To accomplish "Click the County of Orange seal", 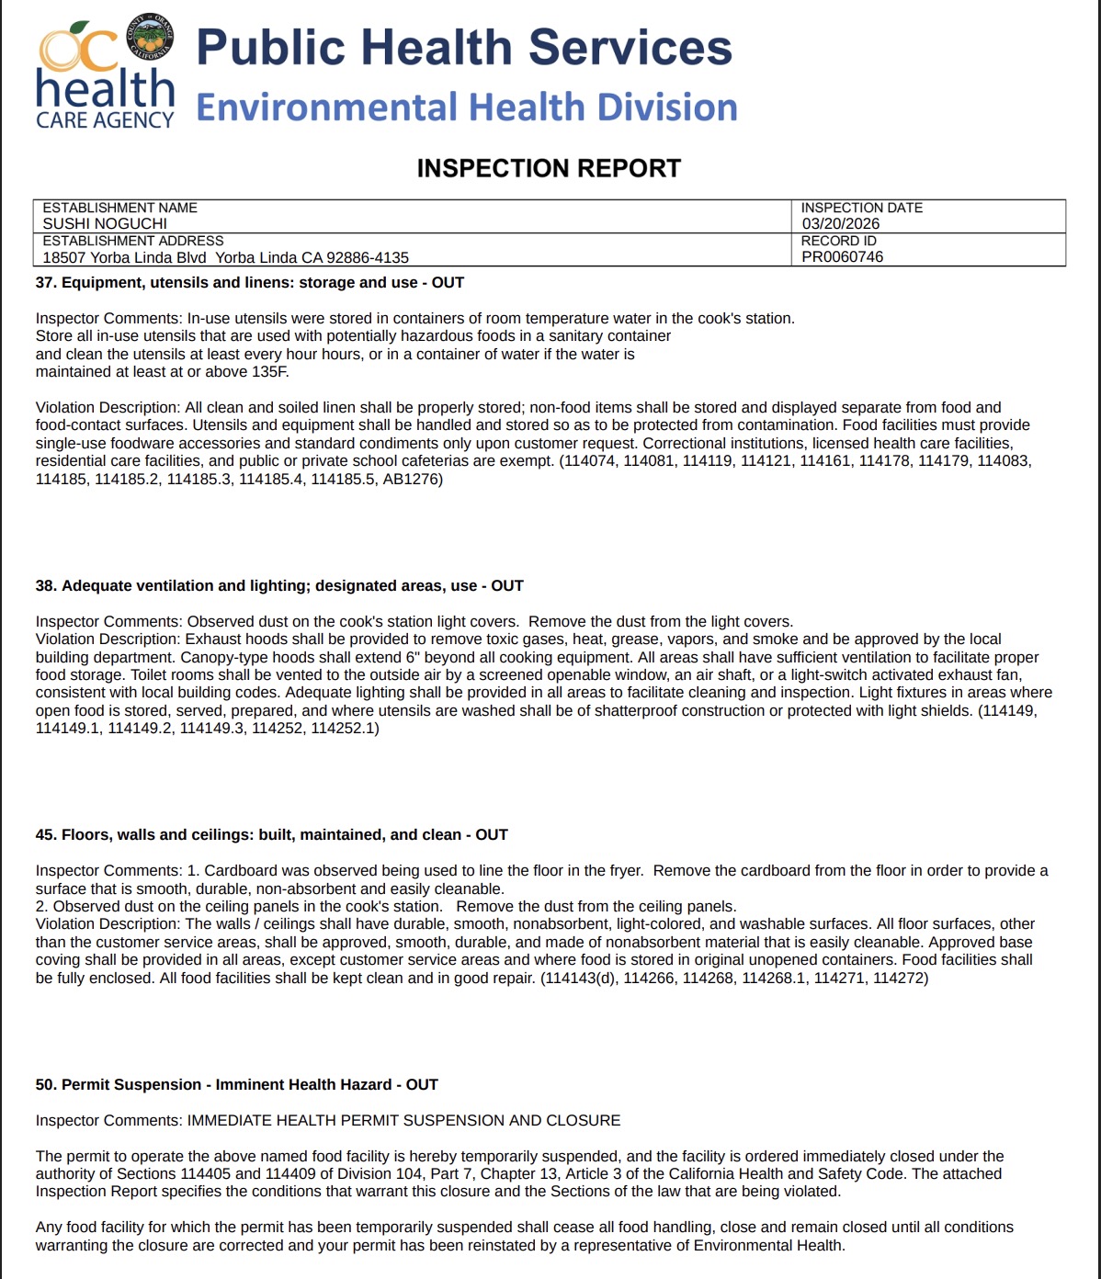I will point(149,40).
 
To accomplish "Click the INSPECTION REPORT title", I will point(549,168).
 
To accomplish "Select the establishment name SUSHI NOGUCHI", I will point(105,223).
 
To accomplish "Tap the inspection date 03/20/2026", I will point(840,223).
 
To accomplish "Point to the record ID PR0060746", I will point(842,256).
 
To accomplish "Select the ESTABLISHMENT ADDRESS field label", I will point(132,241).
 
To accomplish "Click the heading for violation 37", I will point(250,282).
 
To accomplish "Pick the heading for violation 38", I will point(279,585).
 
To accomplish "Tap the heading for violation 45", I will point(272,834).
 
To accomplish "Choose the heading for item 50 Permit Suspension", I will point(237,1084).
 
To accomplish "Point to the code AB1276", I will point(412,479).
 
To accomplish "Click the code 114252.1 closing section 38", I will point(345,728).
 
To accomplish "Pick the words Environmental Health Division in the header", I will point(467,108).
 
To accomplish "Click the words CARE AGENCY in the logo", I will point(105,120).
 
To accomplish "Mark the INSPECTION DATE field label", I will point(861,208).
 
